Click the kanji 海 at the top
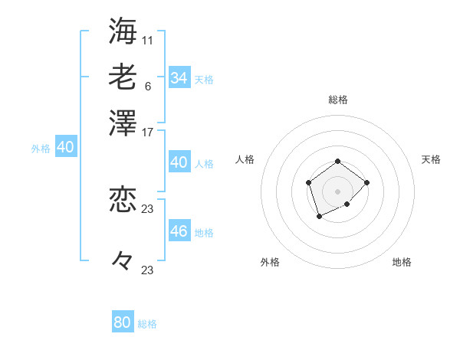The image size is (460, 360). coord(123,31)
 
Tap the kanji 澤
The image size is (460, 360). coord(123,123)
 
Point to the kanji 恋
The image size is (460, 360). coord(123,200)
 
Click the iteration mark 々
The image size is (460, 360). coord(123,261)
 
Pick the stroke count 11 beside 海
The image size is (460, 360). coord(148,39)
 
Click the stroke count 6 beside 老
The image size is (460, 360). coord(147,86)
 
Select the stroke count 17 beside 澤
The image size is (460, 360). coord(148,132)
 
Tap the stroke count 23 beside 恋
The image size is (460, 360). coord(148,208)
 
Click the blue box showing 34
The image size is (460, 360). coord(179,78)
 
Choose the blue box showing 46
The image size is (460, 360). coord(179,231)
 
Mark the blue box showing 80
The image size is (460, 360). coord(123,322)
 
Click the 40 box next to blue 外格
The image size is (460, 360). coord(65,147)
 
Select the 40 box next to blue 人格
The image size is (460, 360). coord(179,162)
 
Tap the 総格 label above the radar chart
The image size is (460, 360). coord(338,100)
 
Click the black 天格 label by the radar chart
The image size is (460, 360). coord(431,159)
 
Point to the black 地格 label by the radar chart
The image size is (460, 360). coord(402,262)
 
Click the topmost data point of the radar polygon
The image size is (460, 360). coord(338,162)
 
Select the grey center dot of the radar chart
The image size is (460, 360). coord(338,191)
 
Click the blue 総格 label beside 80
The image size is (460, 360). coord(147,324)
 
